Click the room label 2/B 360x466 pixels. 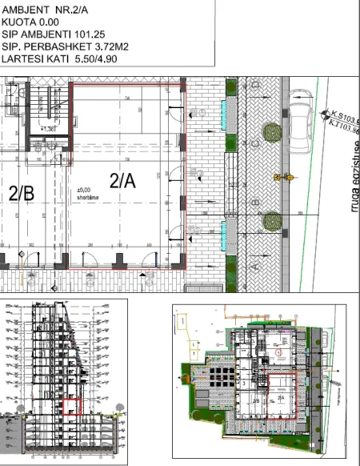(x=22, y=193)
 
